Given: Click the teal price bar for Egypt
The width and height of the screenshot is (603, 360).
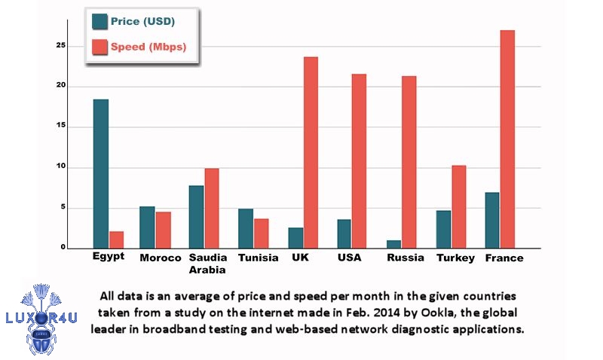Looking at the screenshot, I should pos(100,173).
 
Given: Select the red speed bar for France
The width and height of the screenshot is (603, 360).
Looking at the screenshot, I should pos(507,139).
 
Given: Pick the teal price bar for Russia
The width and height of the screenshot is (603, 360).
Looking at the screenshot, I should pos(393,244).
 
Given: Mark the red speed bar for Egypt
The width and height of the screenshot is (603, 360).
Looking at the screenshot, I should pos(116,239).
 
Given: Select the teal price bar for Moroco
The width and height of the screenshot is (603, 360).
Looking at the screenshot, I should pos(147,227).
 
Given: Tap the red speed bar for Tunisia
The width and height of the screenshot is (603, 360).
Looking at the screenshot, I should pos(261,233).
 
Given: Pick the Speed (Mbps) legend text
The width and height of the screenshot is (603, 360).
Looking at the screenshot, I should pos(148,47).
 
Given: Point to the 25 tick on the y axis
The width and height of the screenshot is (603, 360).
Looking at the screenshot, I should pos(82,46).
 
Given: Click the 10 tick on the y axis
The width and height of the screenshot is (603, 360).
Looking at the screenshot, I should pos(82,167).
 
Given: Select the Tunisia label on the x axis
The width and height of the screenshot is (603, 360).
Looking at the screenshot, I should pos(258,258).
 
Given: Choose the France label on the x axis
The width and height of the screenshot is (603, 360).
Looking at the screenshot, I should pos(504,258).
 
